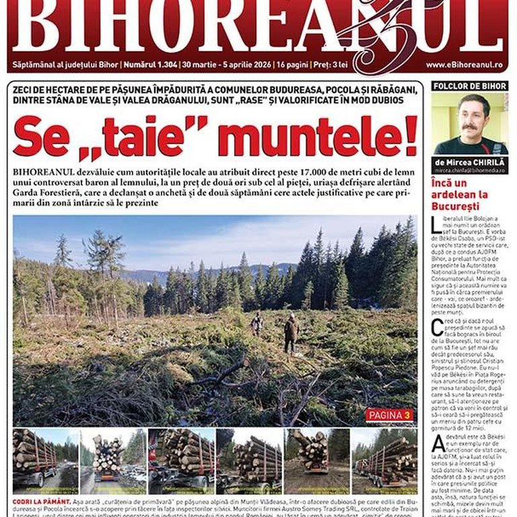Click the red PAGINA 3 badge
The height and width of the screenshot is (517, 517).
[x=390, y=415]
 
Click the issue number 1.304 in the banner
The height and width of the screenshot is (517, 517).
[x=159, y=65]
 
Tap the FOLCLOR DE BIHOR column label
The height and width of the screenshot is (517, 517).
[x=470, y=86]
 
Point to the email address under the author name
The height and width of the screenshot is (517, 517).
[x=470, y=172]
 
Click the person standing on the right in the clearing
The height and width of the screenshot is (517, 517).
[x=291, y=331]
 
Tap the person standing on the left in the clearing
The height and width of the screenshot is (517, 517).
[x=257, y=323]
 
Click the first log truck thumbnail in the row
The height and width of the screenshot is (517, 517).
[x=45, y=461]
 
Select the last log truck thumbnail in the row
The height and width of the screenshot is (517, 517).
[x=386, y=461]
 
